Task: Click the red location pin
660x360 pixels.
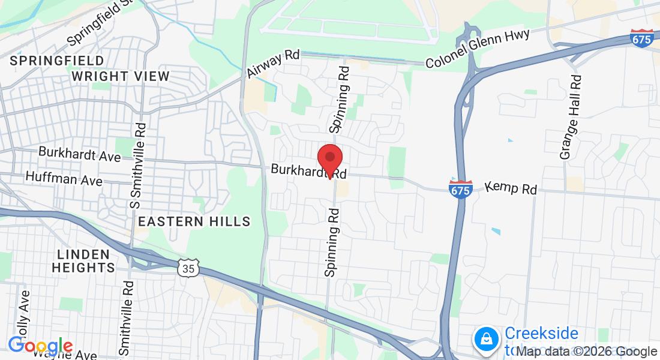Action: [x=329, y=159]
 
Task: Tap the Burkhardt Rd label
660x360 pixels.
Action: [x=308, y=172]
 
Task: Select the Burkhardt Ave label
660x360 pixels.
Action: [x=80, y=154]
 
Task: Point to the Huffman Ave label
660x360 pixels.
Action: [x=64, y=179]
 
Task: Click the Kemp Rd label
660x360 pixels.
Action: [x=511, y=188]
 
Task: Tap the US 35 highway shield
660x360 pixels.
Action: [x=188, y=268]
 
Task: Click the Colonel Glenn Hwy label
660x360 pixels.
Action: [x=478, y=49]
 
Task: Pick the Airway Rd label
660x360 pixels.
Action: [x=273, y=64]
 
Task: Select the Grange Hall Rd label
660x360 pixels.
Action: [x=571, y=117]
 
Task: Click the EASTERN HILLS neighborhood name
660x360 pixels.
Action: [x=194, y=222]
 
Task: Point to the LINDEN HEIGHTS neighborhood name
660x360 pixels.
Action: [x=83, y=261]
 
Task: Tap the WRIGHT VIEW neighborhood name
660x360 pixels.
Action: [x=121, y=76]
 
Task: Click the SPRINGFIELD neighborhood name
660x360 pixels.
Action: [x=57, y=61]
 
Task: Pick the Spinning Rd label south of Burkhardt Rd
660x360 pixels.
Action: [x=332, y=242]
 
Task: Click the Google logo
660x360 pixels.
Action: [x=40, y=346]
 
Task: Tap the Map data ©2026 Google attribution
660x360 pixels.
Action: [x=578, y=352]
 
